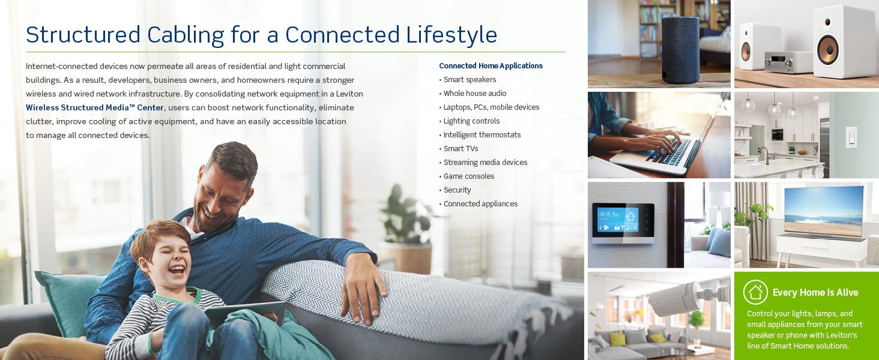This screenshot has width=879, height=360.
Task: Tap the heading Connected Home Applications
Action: coord(491,66)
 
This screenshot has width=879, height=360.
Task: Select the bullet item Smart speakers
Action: coord(470,80)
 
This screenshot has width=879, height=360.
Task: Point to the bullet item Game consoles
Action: coord(468,176)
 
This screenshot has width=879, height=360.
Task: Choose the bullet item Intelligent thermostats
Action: coord(482,135)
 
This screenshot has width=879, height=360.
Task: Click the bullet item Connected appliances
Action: coord(480,204)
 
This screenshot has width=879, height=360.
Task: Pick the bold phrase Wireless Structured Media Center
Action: coord(95,108)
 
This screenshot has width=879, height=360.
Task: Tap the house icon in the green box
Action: coord(755,292)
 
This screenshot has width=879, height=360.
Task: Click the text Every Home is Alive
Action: coord(815,293)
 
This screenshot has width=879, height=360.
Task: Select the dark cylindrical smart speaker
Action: coord(680,42)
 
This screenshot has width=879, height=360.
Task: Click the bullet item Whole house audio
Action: coord(474,94)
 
